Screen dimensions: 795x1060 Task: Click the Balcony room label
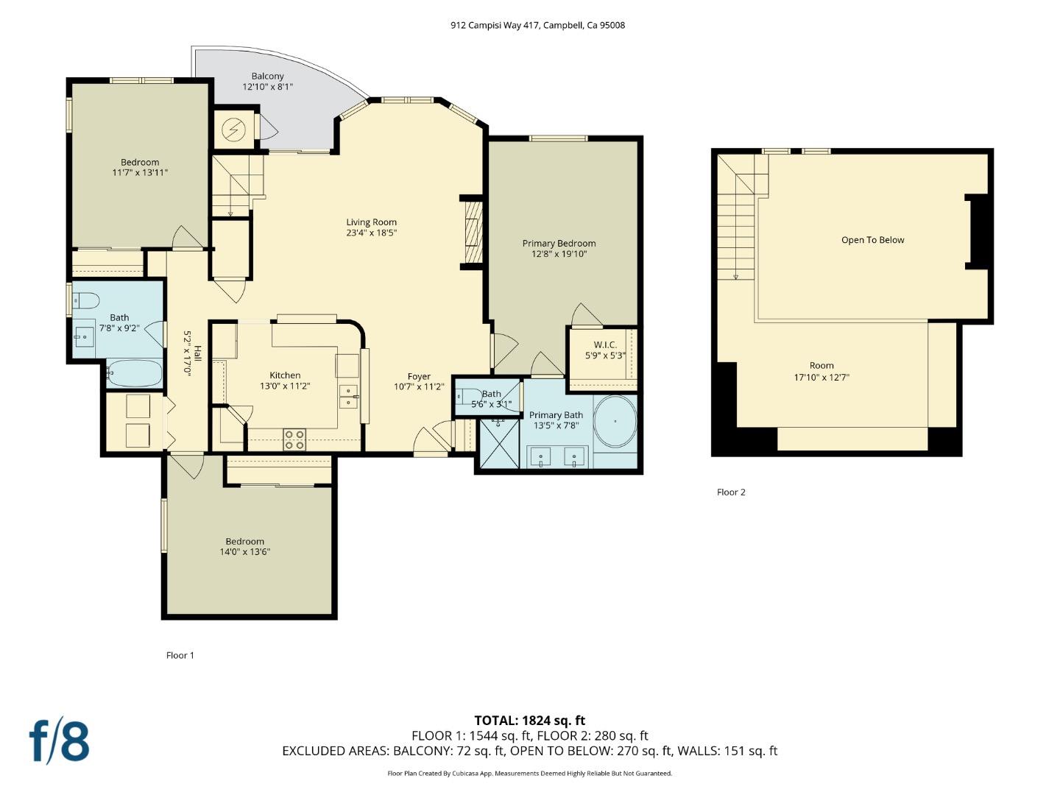coord(267,77)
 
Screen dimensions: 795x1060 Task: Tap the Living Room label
coord(372,222)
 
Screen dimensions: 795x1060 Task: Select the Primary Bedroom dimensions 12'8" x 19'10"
coord(559,254)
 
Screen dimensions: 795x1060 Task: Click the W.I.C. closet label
coord(605,345)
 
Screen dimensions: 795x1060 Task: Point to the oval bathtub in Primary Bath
coord(615,422)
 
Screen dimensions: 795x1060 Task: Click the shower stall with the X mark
coord(499,443)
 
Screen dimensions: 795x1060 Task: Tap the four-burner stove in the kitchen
coord(294,439)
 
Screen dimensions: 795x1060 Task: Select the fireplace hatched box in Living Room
coord(472,233)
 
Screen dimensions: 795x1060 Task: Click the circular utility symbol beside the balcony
coord(234,130)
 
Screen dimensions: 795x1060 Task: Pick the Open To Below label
coord(872,240)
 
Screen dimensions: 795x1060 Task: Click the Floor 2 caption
coord(731,492)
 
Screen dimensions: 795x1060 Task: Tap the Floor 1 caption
coord(180,655)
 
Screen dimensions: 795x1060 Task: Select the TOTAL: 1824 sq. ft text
coord(529,721)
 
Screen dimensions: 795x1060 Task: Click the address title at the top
coord(537,25)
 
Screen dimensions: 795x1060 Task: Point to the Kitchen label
coord(285,375)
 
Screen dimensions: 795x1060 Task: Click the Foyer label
coord(419,377)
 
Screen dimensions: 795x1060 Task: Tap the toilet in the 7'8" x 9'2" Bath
coord(87,300)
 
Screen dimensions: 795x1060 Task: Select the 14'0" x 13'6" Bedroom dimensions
coord(245,551)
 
